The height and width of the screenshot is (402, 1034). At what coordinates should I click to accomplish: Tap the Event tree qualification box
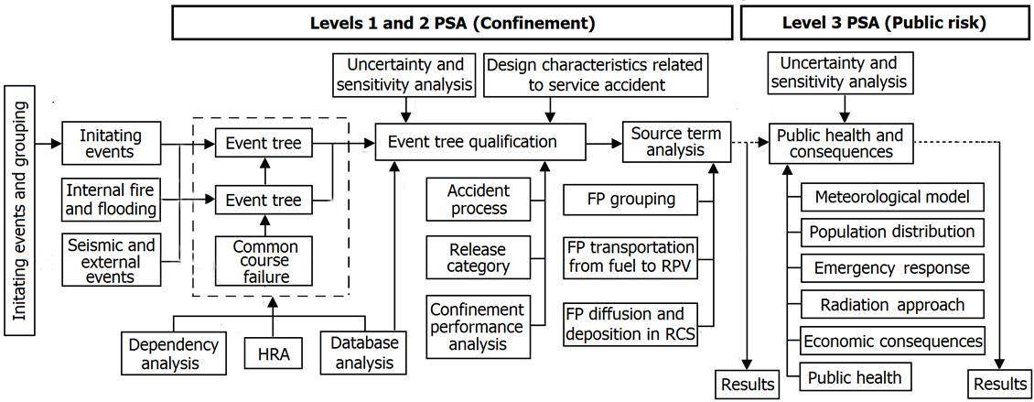pyautogui.click(x=480, y=143)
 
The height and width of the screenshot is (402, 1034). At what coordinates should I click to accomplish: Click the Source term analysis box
pyautogui.click(x=675, y=143)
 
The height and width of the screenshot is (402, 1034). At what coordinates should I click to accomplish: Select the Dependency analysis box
pyautogui.click(x=173, y=354)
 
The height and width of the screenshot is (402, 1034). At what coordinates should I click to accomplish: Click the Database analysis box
pyautogui.click(x=363, y=354)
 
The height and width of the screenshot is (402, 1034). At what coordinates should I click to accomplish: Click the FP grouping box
pyautogui.click(x=631, y=199)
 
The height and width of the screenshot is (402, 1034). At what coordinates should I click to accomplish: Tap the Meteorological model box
pyautogui.click(x=892, y=197)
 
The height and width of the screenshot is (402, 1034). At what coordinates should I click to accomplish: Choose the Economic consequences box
pyautogui.click(x=892, y=341)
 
